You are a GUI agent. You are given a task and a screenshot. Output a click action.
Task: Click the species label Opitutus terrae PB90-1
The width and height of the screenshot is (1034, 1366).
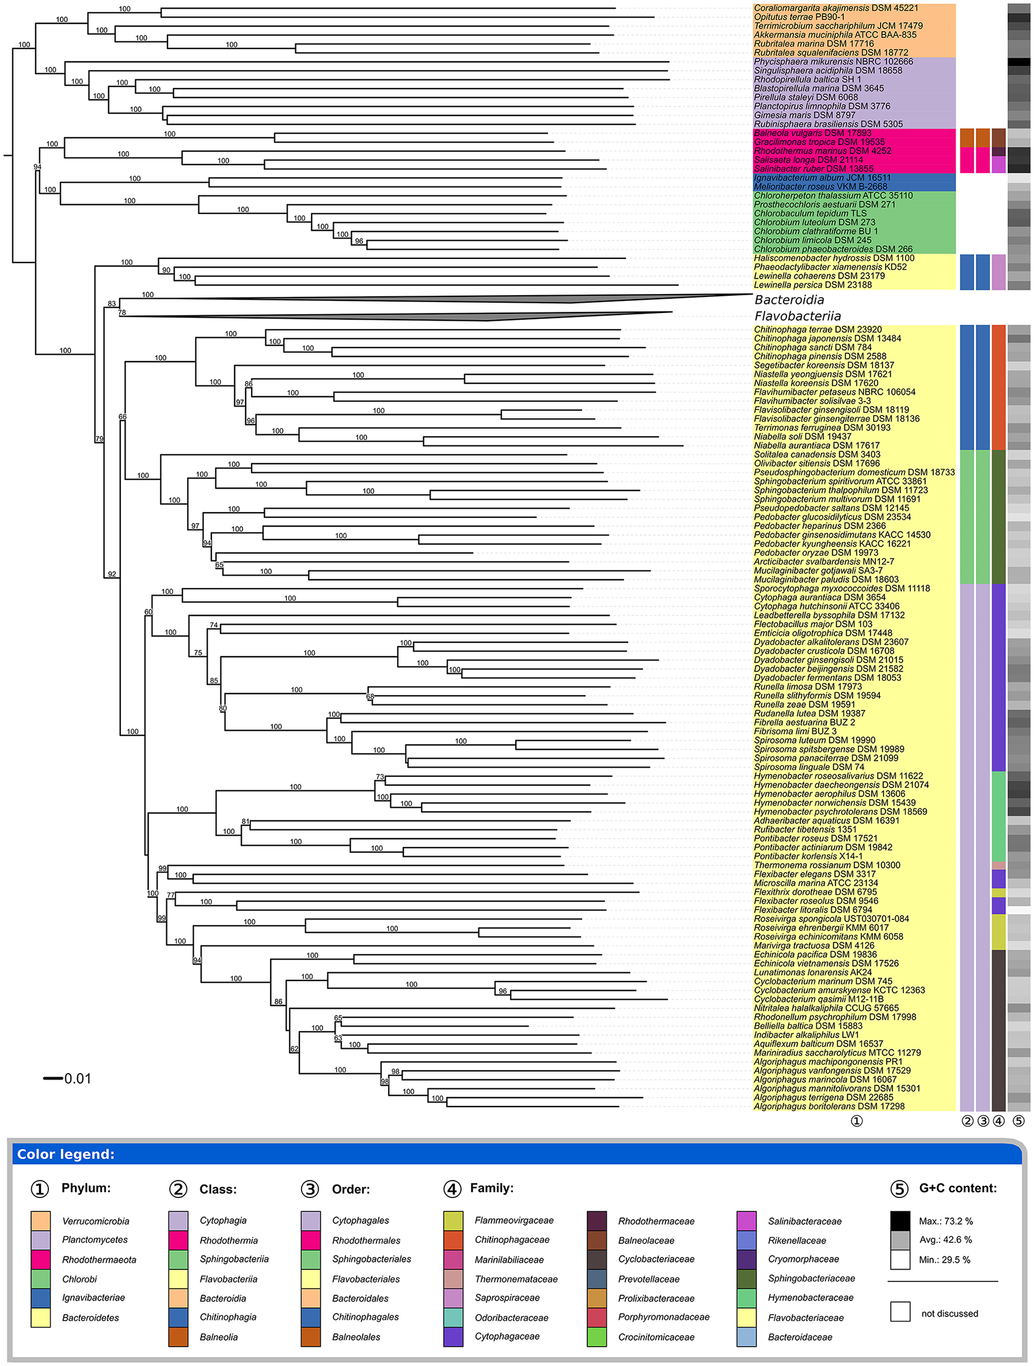(799, 17)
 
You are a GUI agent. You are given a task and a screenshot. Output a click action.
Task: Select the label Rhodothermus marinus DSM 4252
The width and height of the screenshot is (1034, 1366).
(822, 151)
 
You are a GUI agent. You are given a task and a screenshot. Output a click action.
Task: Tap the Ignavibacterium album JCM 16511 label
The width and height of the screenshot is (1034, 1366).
(822, 178)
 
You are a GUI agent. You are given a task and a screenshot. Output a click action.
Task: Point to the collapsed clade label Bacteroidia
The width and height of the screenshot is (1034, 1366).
(789, 300)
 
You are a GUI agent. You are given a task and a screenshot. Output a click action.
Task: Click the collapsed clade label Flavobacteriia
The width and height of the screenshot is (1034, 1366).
(798, 316)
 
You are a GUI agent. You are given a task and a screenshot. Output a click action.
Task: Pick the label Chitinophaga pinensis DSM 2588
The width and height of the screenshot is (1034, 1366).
(820, 356)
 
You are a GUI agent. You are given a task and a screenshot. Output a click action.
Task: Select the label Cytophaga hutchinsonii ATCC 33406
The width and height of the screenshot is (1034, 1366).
(826, 607)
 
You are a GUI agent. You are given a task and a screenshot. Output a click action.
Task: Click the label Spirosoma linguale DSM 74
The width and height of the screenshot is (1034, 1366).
(809, 767)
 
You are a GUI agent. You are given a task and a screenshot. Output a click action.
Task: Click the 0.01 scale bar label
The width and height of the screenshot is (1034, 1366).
(77, 1079)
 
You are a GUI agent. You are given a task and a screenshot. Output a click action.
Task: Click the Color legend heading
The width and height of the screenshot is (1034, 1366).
(65, 1155)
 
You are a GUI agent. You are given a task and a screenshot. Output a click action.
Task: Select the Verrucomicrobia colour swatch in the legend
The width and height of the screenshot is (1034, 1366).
(41, 1221)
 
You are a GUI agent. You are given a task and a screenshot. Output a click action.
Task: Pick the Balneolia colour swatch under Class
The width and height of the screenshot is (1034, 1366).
(178, 1337)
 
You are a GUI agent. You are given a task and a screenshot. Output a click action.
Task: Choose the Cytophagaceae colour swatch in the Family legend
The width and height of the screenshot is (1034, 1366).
(453, 1337)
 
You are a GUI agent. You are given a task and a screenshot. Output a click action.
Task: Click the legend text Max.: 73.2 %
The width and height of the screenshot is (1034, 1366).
(945, 1221)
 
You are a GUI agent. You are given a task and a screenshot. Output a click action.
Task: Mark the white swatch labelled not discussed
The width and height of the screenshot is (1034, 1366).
(900, 1311)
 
